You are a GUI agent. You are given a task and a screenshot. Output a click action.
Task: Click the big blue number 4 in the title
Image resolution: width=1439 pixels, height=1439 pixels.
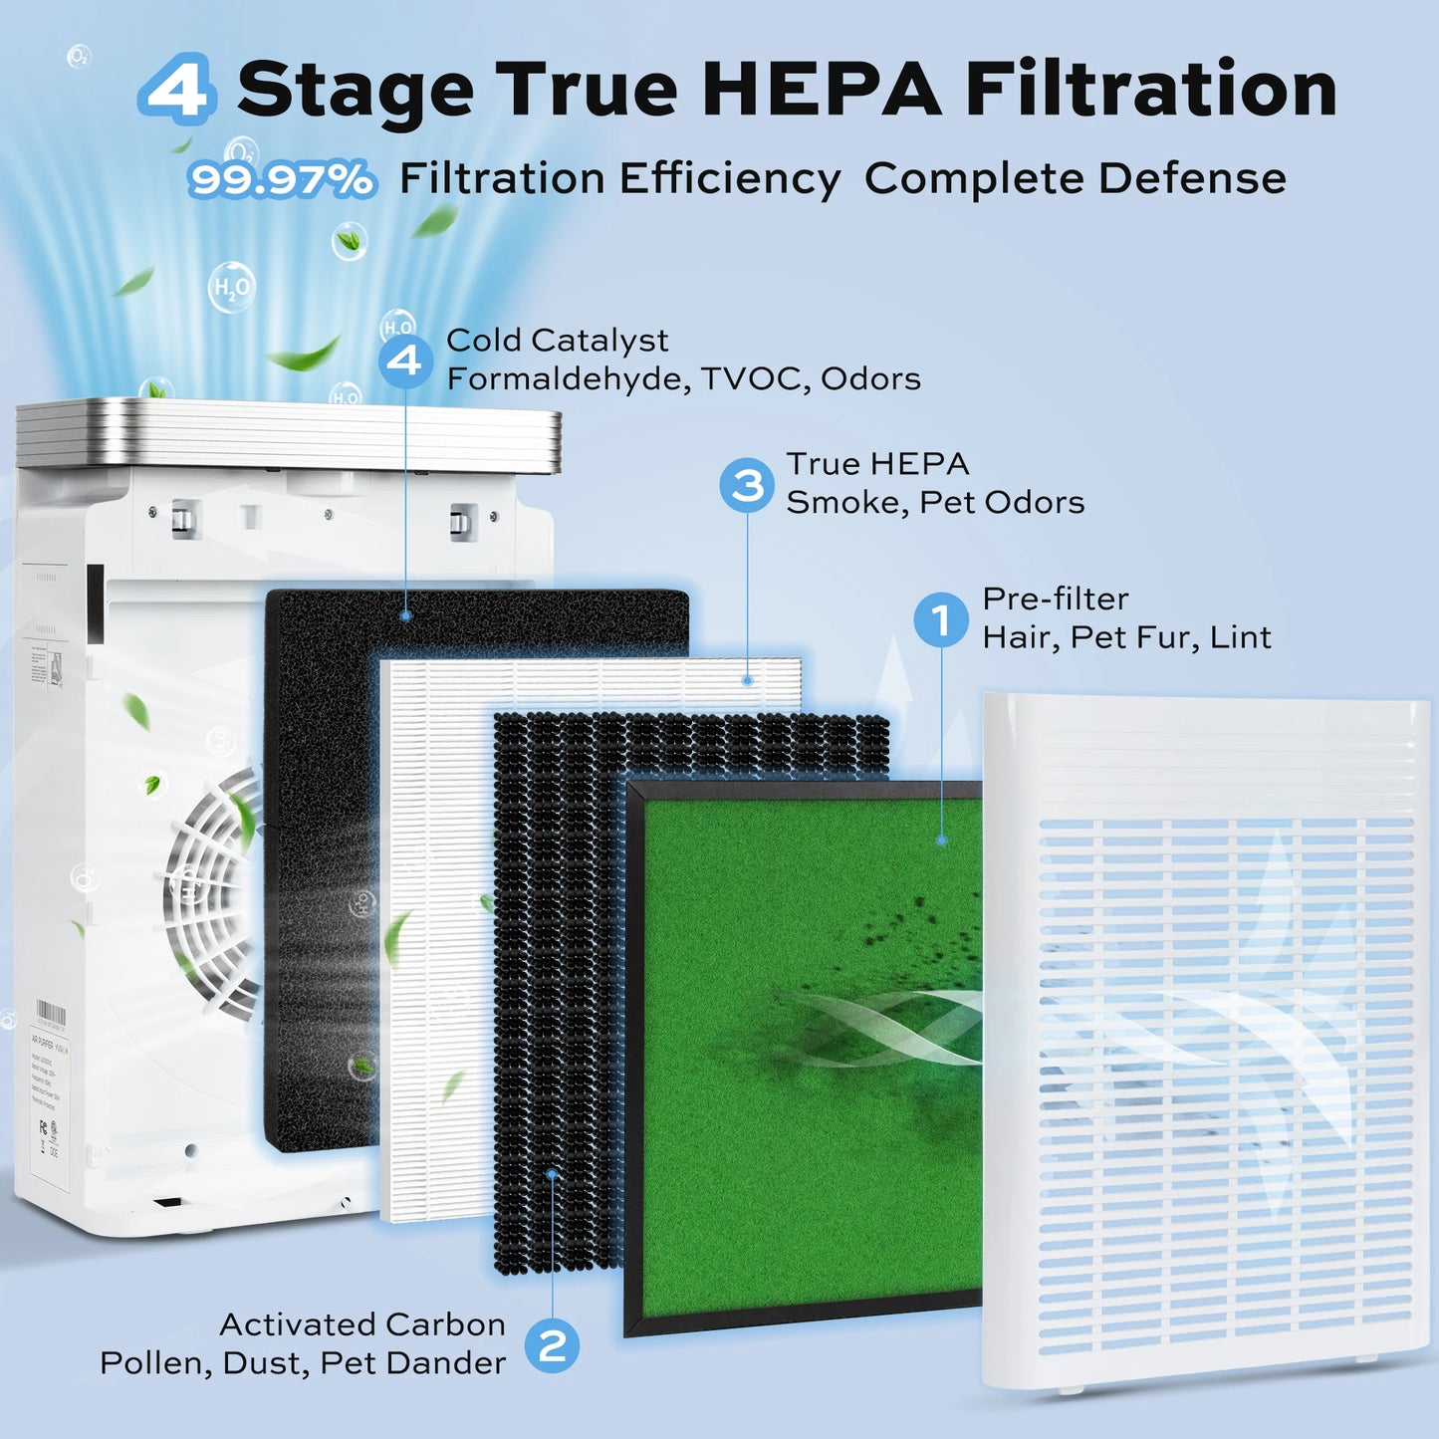(x=177, y=90)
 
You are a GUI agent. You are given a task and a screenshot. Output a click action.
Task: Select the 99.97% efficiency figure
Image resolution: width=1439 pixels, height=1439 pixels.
(x=283, y=180)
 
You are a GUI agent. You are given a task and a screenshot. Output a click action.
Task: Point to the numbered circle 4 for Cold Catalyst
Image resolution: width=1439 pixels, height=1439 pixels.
(x=405, y=360)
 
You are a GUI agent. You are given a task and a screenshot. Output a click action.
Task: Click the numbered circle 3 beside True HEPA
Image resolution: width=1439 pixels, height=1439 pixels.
(x=747, y=485)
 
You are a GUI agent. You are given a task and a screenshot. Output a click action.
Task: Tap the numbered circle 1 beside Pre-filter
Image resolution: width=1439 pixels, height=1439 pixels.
(x=940, y=619)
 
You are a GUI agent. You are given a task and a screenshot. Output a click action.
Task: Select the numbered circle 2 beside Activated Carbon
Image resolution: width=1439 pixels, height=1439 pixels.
(x=552, y=1345)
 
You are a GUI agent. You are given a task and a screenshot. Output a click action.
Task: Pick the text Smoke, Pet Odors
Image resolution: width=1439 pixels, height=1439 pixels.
(x=934, y=503)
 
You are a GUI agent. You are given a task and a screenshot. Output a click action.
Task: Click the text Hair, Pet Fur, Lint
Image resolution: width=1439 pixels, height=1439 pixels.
(x=1125, y=637)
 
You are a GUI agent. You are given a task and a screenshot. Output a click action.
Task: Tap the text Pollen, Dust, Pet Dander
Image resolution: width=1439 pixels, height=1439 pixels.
(x=303, y=1363)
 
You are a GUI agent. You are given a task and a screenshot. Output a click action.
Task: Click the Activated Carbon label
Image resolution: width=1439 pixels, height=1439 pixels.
(x=362, y=1324)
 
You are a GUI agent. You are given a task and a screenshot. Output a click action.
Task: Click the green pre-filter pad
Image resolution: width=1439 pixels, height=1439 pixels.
(x=797, y=1145)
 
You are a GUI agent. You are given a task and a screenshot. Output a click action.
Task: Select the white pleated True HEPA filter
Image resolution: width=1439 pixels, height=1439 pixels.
(x=438, y=946)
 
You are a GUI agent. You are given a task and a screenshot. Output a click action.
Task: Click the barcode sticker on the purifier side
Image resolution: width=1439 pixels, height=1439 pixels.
(x=51, y=1017)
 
